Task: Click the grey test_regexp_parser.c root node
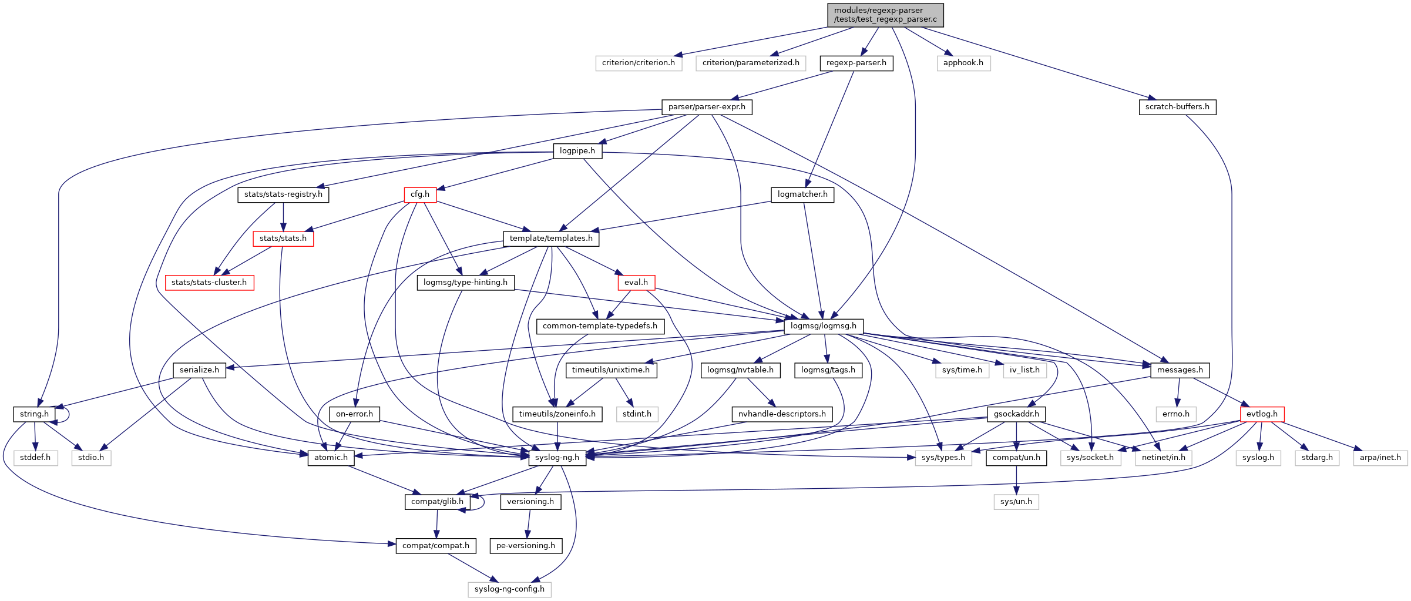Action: [x=885, y=15]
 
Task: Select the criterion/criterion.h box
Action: [x=639, y=63]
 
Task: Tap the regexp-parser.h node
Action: [x=856, y=63]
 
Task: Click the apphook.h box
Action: [x=963, y=63]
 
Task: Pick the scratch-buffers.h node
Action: [x=1177, y=107]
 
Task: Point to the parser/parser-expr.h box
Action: [x=707, y=107]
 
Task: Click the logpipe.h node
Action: [x=577, y=151]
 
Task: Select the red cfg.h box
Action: [x=420, y=194]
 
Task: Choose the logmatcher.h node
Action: [x=802, y=194]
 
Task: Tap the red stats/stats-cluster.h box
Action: [x=209, y=283]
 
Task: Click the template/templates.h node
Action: [x=551, y=239]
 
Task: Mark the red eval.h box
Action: [x=636, y=283]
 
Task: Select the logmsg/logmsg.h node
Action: [x=824, y=326]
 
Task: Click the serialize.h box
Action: [x=199, y=370]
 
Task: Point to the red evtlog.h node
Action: [x=1262, y=414]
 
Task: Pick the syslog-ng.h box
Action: [x=557, y=458]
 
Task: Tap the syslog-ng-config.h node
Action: [x=509, y=589]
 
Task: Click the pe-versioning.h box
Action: [x=526, y=546]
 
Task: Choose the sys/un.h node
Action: [x=1016, y=502]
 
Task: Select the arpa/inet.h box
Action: [x=1380, y=458]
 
